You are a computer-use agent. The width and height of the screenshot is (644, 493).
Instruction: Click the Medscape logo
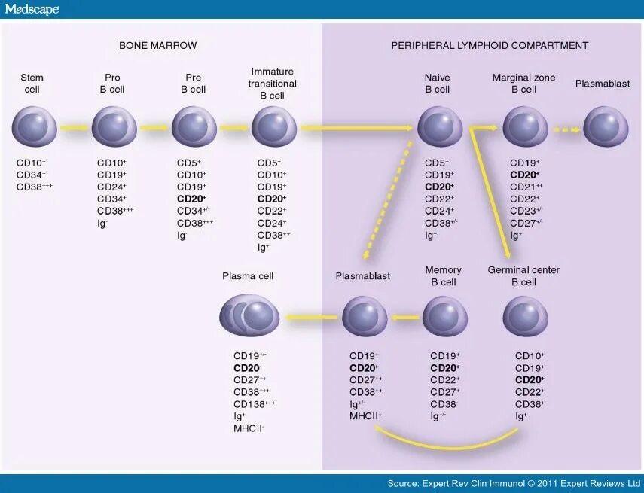32,9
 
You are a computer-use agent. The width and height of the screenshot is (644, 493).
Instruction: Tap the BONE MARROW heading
158,45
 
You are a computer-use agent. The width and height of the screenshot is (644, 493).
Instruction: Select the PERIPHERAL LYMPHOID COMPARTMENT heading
490,45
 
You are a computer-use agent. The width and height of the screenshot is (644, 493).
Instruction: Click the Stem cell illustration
34,126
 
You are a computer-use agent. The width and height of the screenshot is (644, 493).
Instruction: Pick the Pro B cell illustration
114,126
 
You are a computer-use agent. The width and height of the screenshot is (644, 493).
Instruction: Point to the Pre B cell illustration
194,126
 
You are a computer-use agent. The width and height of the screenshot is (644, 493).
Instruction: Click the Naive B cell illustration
440,126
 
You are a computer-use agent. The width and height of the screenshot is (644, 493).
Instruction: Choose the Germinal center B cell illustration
525,316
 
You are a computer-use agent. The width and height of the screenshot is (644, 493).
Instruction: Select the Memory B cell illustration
445,316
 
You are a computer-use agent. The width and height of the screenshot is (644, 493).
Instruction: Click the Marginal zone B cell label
524,83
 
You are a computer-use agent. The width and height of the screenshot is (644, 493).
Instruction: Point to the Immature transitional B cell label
273,83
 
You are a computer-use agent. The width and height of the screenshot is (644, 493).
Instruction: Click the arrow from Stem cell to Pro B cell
74,127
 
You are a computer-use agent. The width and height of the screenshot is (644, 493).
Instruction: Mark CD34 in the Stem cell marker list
30,175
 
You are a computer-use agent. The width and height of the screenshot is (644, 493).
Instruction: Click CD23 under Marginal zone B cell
526,211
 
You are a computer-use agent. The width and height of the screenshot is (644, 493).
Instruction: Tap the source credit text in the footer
512,483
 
